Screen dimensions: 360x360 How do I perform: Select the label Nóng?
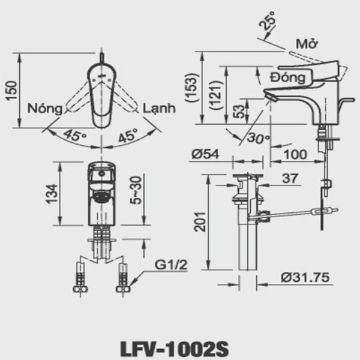[x=46, y=109]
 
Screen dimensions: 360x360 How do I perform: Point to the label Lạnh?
[x=159, y=109]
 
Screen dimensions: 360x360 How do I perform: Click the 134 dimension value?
[x=52, y=193]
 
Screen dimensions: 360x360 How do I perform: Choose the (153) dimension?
[x=192, y=88]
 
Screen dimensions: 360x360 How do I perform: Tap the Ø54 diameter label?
[x=205, y=154]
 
